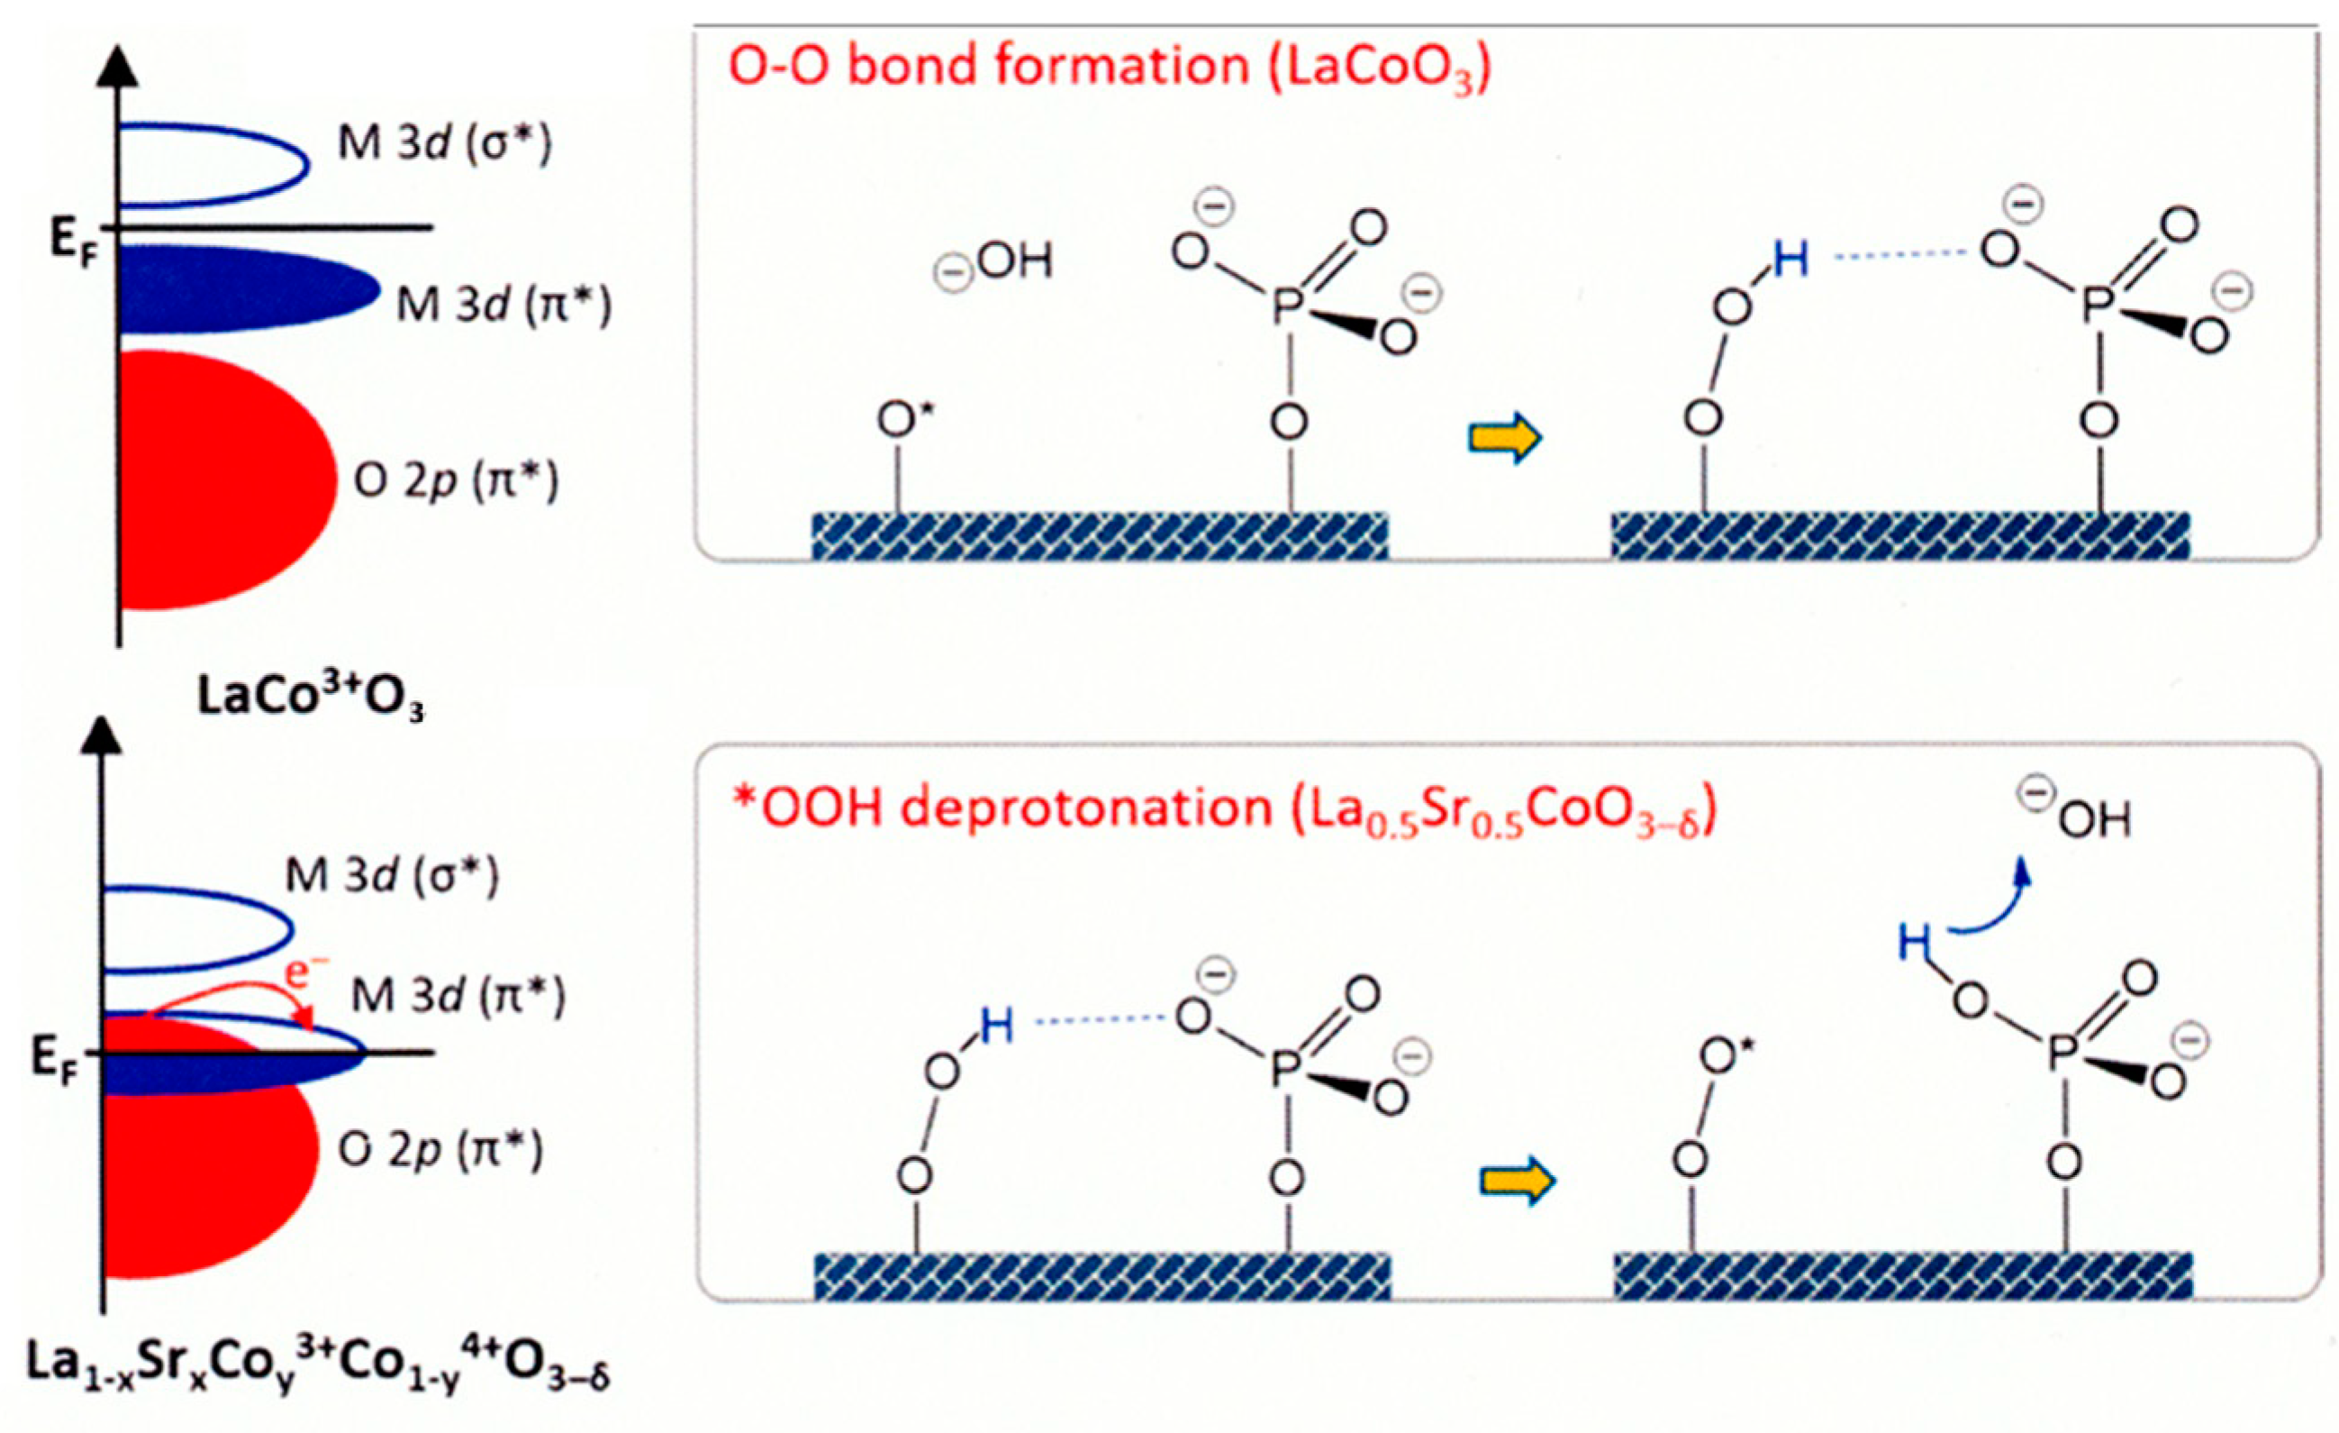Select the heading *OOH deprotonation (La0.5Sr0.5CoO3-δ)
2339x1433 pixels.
click(1225, 810)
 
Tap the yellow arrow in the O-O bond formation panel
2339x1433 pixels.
click(1506, 438)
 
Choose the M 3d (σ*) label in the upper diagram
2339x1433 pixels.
click(444, 145)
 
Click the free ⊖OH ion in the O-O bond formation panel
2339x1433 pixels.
click(997, 264)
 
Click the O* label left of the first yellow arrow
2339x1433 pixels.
click(899, 420)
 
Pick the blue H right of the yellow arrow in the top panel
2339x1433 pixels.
click(1791, 260)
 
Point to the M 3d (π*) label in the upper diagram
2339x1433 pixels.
click(503, 306)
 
